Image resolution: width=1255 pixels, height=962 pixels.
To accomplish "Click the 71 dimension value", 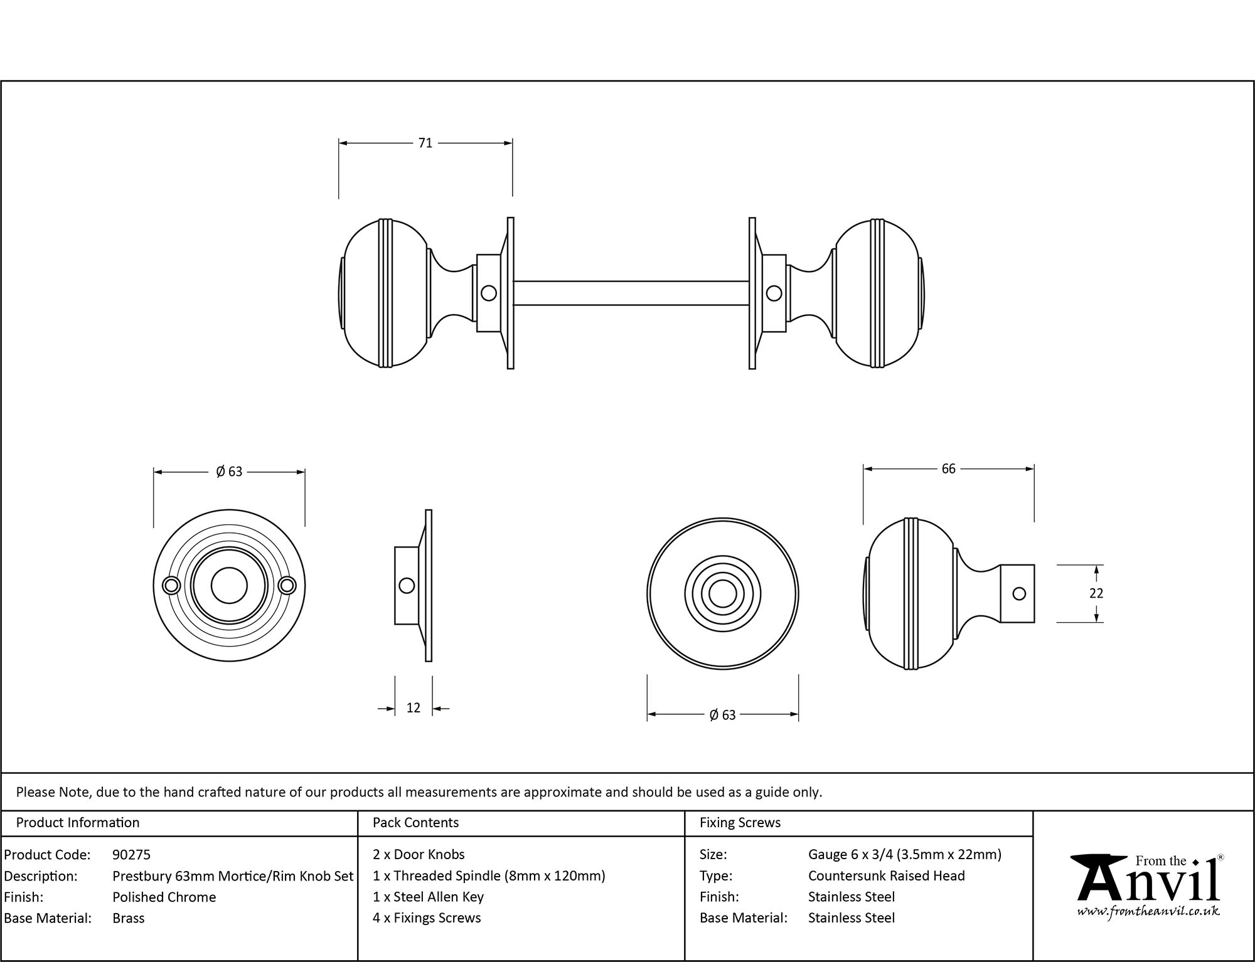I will point(425,143).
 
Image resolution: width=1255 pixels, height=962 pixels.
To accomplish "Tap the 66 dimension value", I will point(948,469).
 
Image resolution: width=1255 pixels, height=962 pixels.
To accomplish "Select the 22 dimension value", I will point(1096,593).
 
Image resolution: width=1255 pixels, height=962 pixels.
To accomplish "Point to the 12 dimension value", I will point(413,708).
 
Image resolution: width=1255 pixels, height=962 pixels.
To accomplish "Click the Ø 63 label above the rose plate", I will point(229,472).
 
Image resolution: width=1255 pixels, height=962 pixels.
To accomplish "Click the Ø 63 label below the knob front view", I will point(722,715).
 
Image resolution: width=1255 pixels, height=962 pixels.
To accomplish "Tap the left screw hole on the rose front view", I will point(170,585).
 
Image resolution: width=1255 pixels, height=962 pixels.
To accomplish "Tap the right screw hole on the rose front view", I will point(287,585).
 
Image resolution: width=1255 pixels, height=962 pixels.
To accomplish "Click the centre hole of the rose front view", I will point(229,585).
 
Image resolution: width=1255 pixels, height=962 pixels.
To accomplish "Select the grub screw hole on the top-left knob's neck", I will point(488,293).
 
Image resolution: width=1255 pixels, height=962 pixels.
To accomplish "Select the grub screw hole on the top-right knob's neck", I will point(774,293).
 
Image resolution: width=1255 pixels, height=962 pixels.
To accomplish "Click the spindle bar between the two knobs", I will point(631,293).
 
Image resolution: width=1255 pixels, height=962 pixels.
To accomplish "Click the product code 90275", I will point(131,854).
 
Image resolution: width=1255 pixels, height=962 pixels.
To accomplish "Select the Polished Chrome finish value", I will point(164,897).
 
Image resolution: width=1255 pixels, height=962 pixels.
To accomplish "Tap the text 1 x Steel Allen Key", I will point(428,897).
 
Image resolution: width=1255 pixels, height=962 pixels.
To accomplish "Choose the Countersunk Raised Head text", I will point(886,875).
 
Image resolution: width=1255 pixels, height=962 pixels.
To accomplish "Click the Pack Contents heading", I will point(415,822).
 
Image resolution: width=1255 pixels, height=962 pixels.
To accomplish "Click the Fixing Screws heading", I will point(740,822).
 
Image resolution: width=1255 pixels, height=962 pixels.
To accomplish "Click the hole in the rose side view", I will point(407,586).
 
